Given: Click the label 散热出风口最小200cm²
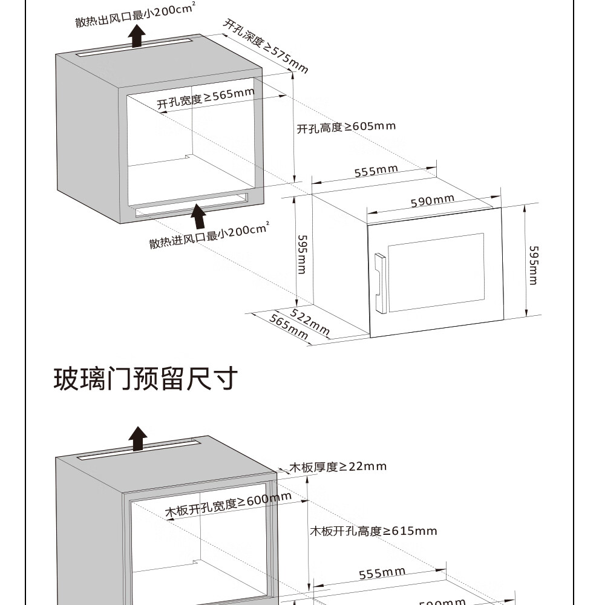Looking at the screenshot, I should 135,16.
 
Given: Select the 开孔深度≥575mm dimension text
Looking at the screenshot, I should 266,45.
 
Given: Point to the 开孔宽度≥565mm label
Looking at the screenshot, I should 206,97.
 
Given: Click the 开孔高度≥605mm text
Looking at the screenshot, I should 345,127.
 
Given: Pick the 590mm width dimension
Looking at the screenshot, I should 432,200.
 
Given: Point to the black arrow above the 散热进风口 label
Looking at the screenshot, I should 198,217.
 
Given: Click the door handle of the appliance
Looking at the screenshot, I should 380,283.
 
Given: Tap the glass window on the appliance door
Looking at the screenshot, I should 436,272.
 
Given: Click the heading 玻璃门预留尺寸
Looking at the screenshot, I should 145,379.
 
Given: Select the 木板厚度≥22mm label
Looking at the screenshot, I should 338,466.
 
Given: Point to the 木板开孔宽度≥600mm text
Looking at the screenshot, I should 228,505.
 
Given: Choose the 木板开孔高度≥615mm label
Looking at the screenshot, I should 373,531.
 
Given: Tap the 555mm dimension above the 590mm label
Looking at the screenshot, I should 376,171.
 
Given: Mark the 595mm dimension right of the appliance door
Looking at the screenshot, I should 532,264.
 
